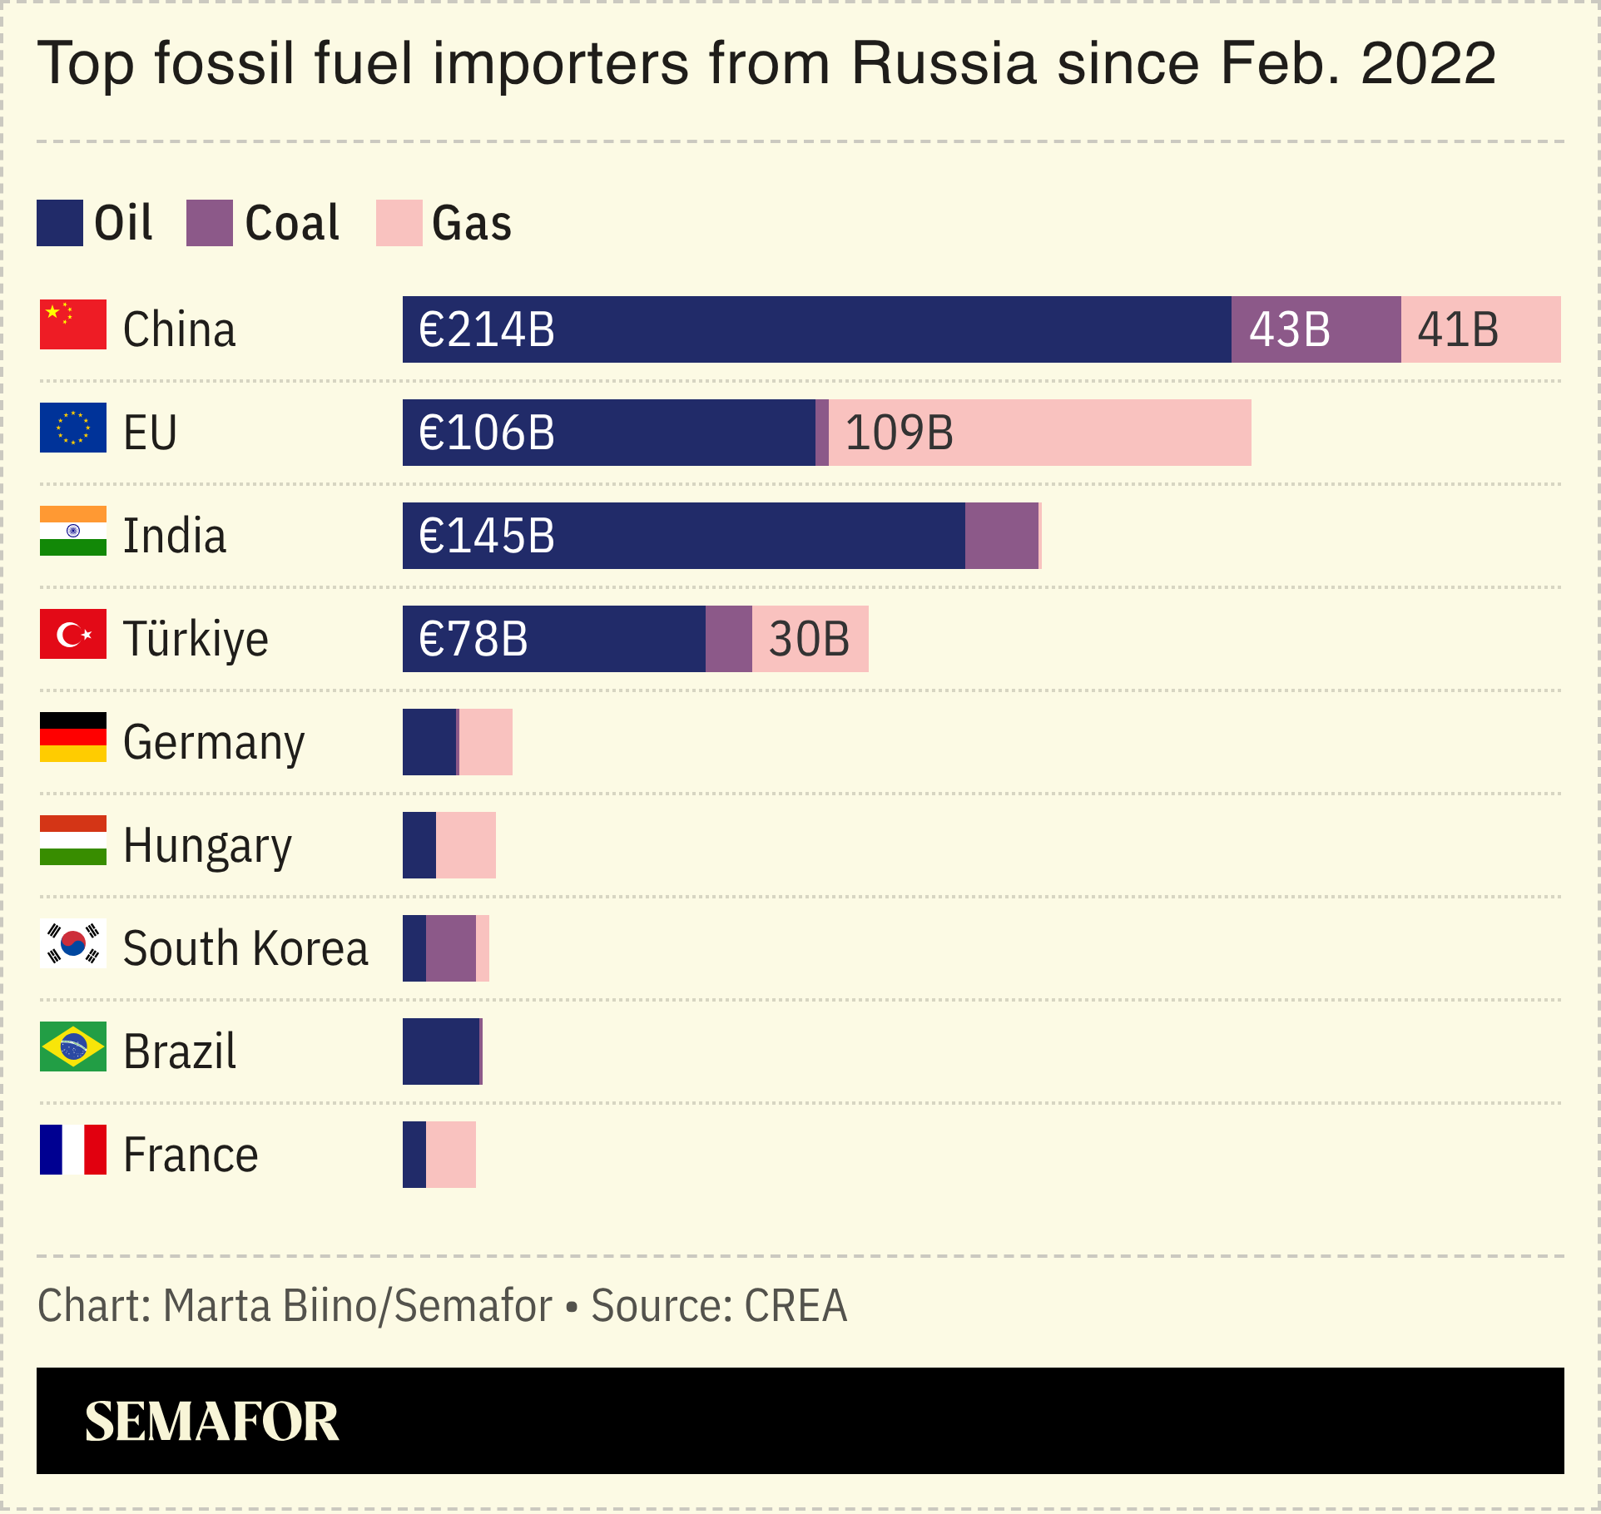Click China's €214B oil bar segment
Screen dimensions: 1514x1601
click(x=815, y=329)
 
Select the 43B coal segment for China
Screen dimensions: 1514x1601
click(x=1316, y=329)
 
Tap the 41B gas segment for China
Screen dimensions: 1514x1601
click(x=1480, y=329)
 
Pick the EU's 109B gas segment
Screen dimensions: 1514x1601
click(x=1039, y=433)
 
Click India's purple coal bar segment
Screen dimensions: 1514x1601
click(x=1001, y=536)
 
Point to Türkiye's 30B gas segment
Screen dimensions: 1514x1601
click(x=810, y=639)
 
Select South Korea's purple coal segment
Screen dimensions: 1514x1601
click(x=450, y=948)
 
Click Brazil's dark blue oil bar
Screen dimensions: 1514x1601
click(x=440, y=1051)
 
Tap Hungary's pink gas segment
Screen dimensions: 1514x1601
click(x=465, y=845)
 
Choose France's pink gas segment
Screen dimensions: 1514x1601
click(x=450, y=1155)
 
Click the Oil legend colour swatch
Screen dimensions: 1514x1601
click(x=60, y=223)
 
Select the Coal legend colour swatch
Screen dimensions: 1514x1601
click(x=210, y=223)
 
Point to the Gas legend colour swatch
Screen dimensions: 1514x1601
click(x=399, y=223)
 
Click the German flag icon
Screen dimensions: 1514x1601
click(x=73, y=737)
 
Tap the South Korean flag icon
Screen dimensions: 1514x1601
click(x=73, y=943)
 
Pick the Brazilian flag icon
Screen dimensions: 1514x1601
click(x=73, y=1046)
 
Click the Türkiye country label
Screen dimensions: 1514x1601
click(x=196, y=639)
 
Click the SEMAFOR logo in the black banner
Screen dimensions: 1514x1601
click(x=211, y=1421)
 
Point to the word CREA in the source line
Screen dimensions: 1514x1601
click(x=795, y=1305)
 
